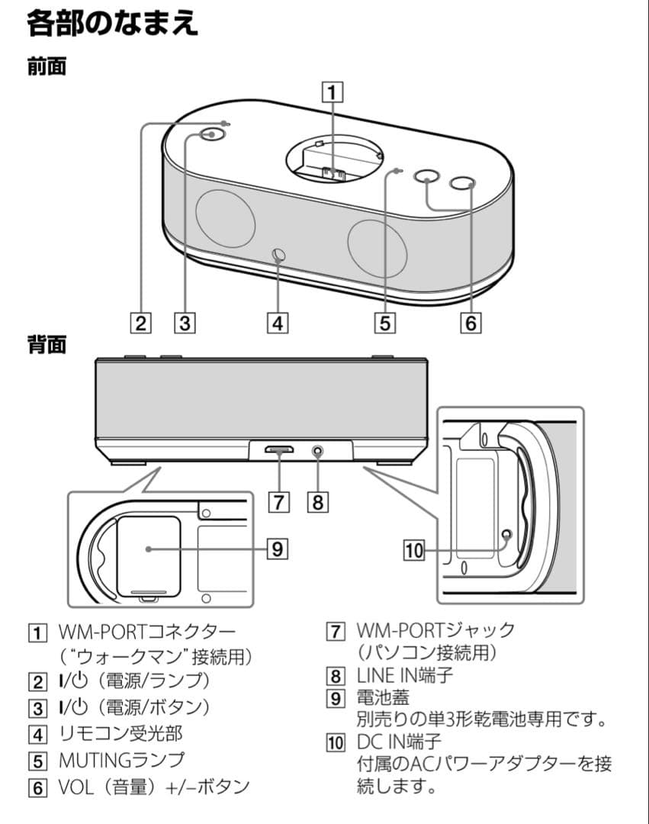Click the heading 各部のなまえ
[112, 23]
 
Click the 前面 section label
[47, 66]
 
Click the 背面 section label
[47, 344]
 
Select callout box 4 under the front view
[278, 323]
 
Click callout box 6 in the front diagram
[471, 323]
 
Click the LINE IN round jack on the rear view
[317, 451]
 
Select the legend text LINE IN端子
[403, 674]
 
